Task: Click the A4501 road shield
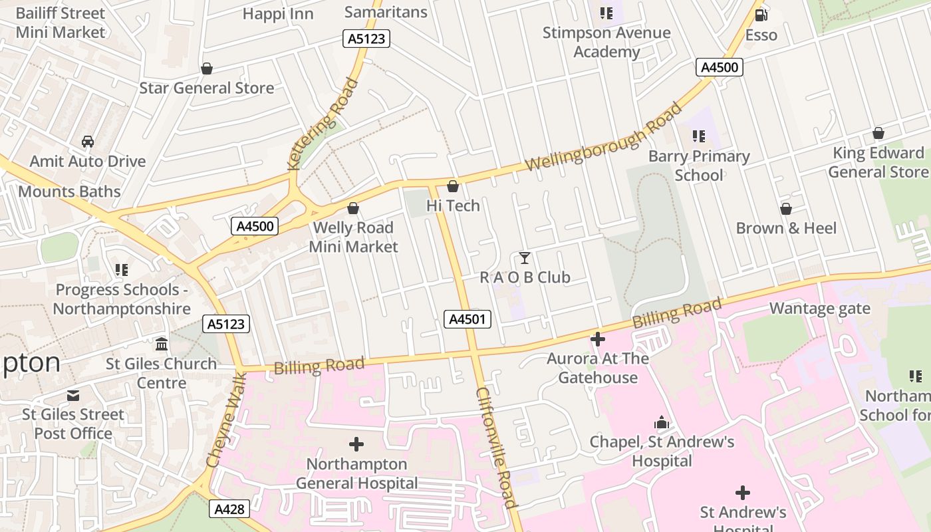467,320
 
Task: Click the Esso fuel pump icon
761,15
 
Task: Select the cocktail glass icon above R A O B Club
525,258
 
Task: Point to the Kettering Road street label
323,124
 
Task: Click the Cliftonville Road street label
496,448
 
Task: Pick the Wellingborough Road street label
604,136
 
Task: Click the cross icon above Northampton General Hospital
356,444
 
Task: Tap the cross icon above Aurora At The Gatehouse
598,339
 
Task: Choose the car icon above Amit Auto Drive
87,142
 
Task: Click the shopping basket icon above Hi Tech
453,186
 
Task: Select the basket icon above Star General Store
207,68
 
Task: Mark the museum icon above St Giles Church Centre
161,344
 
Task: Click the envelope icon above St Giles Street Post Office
73,395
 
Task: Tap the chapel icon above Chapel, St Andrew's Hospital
662,422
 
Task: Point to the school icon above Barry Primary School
699,136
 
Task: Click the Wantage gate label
819,309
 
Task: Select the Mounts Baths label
69,192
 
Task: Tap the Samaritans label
386,12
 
